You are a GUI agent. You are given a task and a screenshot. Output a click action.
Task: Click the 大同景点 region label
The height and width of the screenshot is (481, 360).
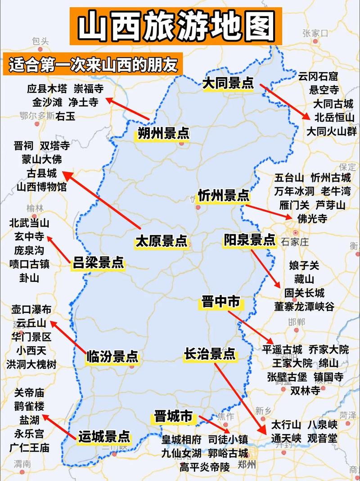(228, 83)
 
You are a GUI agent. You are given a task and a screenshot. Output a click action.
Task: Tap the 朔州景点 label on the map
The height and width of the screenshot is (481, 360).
(163, 133)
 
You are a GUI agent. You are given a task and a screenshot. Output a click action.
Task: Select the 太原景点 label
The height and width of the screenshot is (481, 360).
(161, 241)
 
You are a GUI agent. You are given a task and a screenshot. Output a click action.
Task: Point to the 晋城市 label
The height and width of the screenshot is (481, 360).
(173, 417)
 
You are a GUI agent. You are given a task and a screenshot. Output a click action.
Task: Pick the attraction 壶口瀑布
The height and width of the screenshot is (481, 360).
(31, 309)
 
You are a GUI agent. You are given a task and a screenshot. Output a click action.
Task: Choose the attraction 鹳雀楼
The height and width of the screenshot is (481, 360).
(29, 407)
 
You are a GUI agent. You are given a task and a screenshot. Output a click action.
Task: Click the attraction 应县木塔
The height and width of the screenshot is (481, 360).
(47, 88)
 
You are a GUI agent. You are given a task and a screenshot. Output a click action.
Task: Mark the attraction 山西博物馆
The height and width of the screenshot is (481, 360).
(41, 186)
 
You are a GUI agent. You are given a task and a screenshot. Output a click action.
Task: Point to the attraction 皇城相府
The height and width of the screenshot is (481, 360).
(181, 439)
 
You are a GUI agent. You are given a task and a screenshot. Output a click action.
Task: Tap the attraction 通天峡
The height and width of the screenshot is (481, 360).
(286, 438)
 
